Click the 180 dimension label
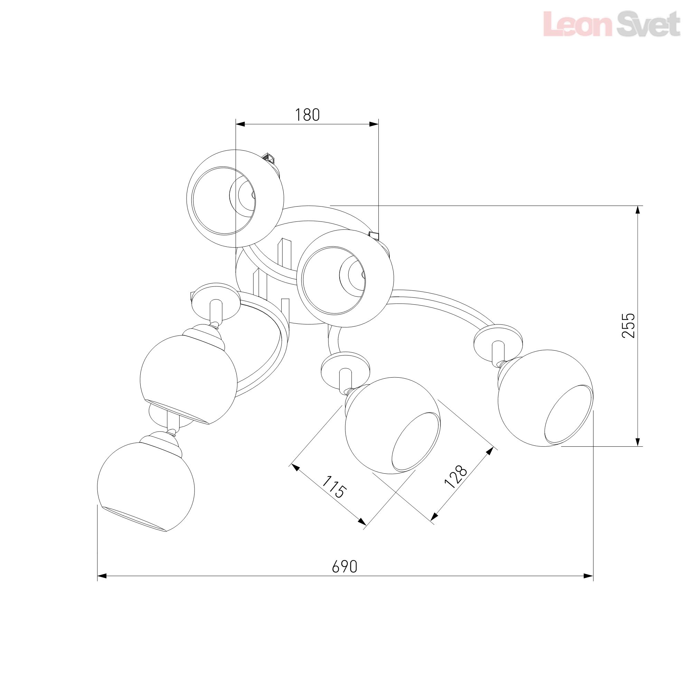click(x=307, y=115)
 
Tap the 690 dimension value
click(x=344, y=567)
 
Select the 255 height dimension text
click(x=628, y=325)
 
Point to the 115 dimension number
click(x=334, y=487)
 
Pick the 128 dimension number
click(x=456, y=477)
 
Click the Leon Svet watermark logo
click(x=611, y=24)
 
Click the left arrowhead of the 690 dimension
click(x=102, y=576)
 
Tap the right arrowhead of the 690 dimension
click(x=588, y=576)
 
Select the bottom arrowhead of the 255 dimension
click(x=637, y=441)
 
